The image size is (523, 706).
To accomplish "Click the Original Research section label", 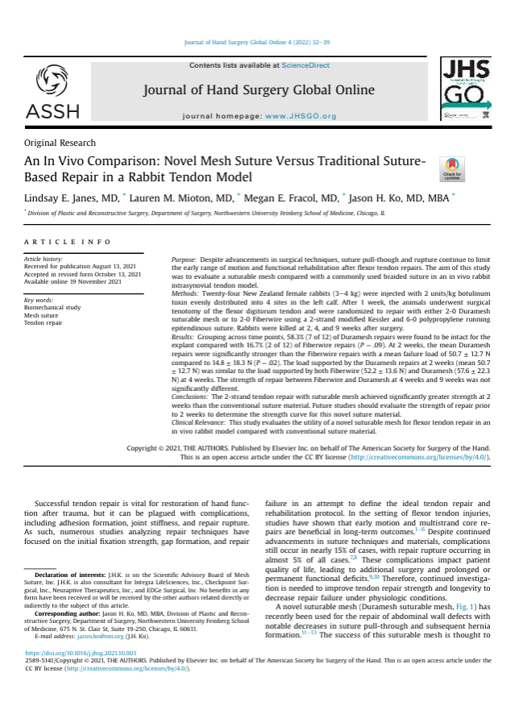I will click(60, 143).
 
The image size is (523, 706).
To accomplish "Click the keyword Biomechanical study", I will click(52, 307).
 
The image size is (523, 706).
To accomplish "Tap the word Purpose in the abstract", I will click(184, 260).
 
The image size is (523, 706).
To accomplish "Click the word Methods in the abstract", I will click(185, 296).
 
